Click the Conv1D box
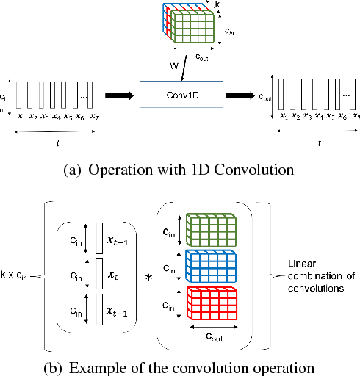click(x=179, y=95)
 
